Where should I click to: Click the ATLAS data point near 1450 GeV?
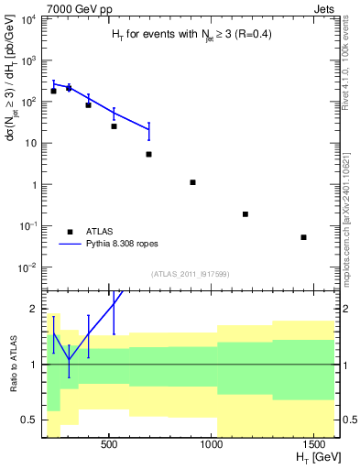(x=303, y=237)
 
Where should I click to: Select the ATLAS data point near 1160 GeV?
(x=245, y=214)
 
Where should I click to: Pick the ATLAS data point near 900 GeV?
(x=192, y=182)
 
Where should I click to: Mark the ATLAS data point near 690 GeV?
(x=148, y=154)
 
